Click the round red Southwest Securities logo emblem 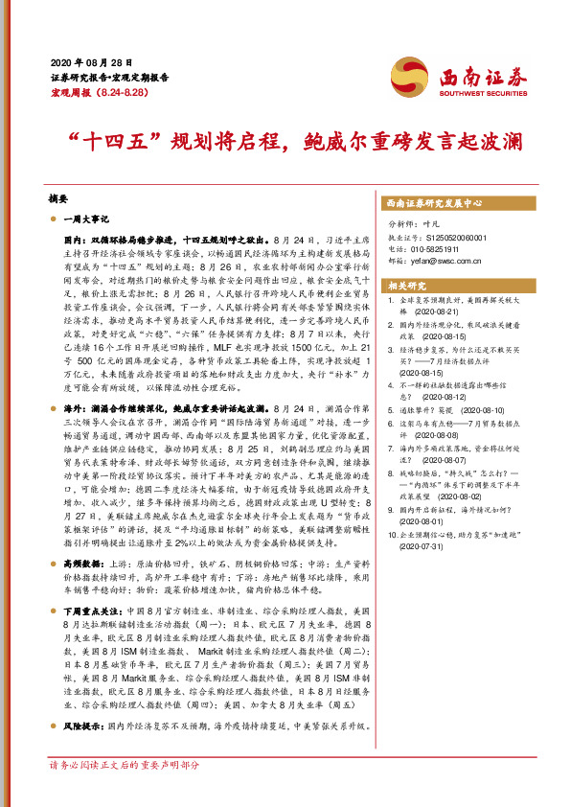tap(406, 76)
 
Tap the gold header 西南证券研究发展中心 tap(433, 204)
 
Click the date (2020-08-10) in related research tap(466, 407)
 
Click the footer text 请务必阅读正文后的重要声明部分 tap(125, 766)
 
